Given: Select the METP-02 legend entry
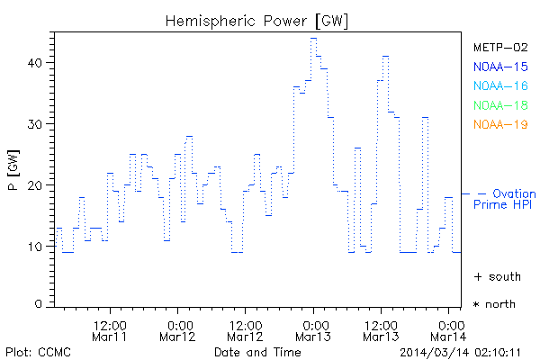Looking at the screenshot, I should point(500,47).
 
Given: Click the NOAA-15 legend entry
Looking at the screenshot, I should point(500,66).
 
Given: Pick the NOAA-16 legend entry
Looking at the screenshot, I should point(500,85).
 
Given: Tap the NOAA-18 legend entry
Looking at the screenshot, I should point(500,105).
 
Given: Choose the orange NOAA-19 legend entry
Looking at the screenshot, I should point(500,124).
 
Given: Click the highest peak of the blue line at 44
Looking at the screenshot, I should point(313,38).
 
